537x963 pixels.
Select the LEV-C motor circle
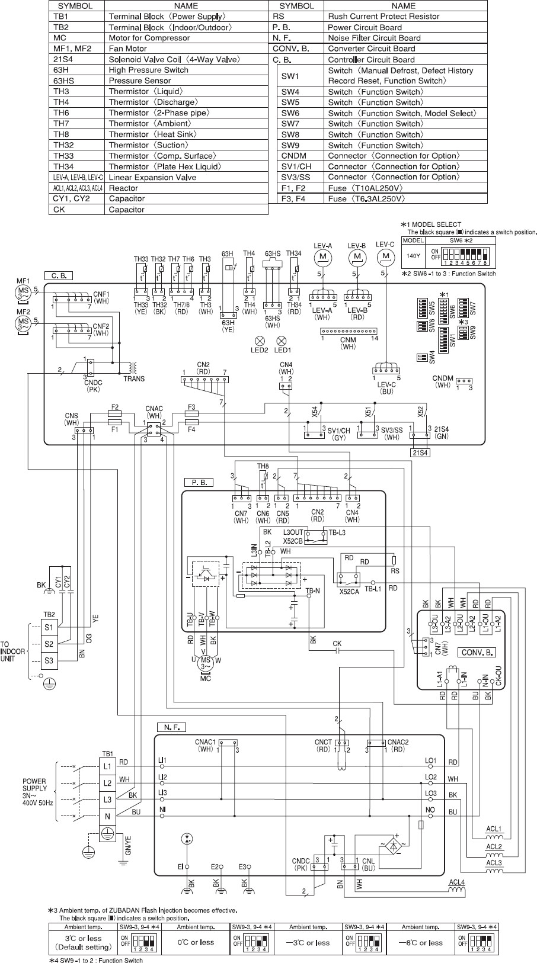[386, 256]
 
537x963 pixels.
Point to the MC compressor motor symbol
[206, 662]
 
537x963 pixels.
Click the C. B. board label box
[58, 276]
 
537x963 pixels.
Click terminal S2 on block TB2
[49, 644]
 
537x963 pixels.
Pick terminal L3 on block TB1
[107, 800]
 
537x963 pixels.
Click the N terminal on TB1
[107, 816]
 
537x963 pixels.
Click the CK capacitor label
[337, 643]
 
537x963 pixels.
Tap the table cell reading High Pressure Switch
[148, 70]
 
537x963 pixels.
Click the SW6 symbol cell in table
[290, 113]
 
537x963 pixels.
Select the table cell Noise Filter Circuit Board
[374, 38]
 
